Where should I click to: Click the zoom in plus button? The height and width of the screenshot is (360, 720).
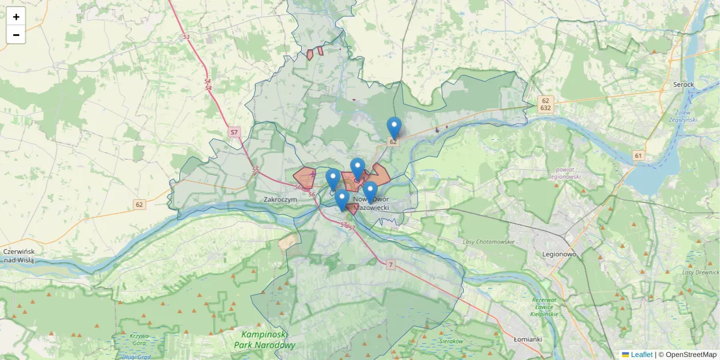point(16,17)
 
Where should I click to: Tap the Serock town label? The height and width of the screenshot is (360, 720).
point(683,85)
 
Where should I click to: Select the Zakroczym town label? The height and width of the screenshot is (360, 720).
point(280,199)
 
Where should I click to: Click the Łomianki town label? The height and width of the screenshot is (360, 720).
point(528,339)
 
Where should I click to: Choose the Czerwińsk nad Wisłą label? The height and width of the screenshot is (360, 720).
point(18,256)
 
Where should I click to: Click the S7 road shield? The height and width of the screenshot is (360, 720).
point(235,131)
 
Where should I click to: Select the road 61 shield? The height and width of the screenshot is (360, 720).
point(638,156)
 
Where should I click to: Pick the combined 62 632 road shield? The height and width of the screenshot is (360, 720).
point(545,104)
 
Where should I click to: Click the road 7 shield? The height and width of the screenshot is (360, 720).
point(391,265)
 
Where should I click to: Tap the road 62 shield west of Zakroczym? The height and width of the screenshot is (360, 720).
point(139,205)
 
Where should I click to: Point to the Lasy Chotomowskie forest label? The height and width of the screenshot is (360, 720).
point(489,242)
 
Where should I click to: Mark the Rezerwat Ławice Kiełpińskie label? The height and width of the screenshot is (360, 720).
point(545,307)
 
